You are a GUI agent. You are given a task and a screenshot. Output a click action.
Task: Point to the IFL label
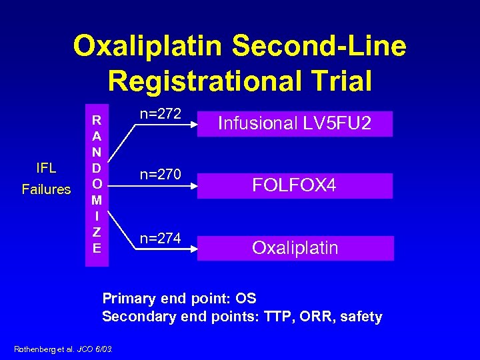[x=45, y=167]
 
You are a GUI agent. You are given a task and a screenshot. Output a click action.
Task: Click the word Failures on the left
[x=46, y=189]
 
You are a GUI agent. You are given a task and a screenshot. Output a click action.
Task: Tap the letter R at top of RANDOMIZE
[x=97, y=121]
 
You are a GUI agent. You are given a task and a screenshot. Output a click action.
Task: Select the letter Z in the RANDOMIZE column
[x=97, y=232]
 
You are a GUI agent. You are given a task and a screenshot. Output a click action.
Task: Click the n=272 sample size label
[x=160, y=114]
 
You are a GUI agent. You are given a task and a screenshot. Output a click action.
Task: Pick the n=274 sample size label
[x=160, y=239]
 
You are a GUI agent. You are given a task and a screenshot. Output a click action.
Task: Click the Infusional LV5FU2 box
[x=295, y=123]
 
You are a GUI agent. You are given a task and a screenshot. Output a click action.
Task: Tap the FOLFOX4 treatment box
[x=295, y=185]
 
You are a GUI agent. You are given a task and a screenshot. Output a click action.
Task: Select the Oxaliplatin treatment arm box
[x=295, y=248]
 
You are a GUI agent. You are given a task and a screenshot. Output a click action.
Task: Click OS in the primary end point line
[x=245, y=298]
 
